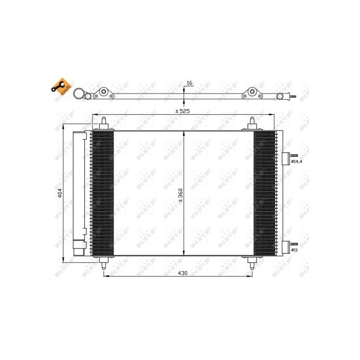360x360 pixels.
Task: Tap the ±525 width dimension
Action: [x=184, y=111]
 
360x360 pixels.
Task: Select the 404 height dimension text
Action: [x=60, y=193]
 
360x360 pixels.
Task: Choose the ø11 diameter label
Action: [x=295, y=250]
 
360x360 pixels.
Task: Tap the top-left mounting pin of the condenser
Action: [x=104, y=123]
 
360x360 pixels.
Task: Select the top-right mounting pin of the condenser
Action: [x=253, y=123]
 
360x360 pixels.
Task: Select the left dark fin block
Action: [x=102, y=193]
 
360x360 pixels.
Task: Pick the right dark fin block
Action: [x=264, y=193]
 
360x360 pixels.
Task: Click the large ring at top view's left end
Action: [x=79, y=94]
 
